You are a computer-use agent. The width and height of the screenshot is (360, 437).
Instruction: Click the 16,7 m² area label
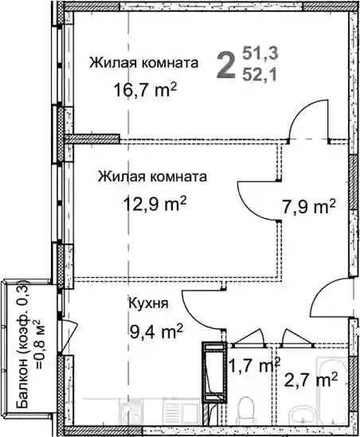(x=145, y=90)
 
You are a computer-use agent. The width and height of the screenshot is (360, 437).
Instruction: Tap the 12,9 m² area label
(x=155, y=204)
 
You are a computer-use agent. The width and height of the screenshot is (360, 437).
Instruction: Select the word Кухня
(x=148, y=304)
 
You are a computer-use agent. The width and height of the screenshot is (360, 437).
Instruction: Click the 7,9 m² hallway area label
(x=308, y=208)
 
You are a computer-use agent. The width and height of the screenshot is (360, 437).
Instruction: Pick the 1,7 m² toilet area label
(x=254, y=366)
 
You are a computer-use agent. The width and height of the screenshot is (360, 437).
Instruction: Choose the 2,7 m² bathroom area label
(x=311, y=380)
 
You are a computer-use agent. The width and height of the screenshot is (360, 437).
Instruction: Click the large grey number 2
(x=225, y=65)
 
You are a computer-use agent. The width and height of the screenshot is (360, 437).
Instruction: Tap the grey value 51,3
(x=260, y=53)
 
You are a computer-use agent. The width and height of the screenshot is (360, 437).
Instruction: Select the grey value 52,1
(x=260, y=74)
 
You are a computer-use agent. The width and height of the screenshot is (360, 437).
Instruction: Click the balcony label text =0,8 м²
(x=39, y=345)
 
